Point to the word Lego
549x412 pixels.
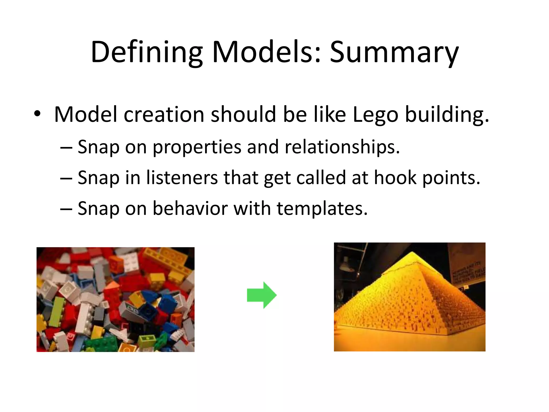click(x=375, y=115)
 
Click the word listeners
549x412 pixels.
click(x=182, y=178)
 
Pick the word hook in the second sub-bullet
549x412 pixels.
click(x=395, y=178)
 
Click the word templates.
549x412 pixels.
click(x=322, y=208)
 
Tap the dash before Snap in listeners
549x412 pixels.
click(x=66, y=178)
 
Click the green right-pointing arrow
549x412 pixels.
click(x=262, y=295)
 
